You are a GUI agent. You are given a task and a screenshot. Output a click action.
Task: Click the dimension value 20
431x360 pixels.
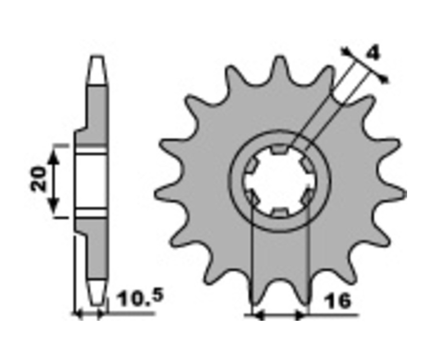point(38,179)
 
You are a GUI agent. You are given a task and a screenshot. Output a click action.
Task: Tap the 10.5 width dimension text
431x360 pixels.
point(140,297)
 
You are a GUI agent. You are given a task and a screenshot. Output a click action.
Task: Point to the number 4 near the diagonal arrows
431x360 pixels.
point(373,54)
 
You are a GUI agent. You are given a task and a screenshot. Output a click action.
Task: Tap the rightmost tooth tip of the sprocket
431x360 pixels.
point(404,194)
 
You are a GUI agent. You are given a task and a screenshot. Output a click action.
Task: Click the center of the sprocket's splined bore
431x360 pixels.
point(280,180)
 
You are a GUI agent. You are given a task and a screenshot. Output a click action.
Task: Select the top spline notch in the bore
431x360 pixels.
point(280,149)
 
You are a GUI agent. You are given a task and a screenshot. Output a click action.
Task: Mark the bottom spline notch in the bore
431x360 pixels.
point(280,212)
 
